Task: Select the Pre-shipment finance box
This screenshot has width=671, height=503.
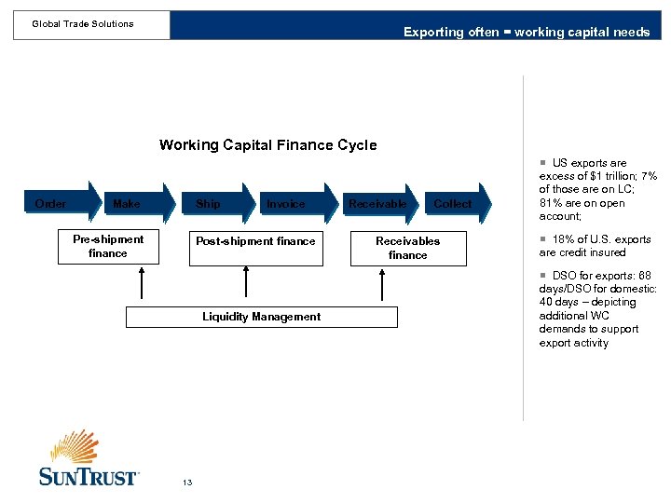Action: click(108, 247)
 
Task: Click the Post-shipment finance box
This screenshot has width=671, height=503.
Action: click(255, 247)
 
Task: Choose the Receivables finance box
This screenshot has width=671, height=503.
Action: click(407, 248)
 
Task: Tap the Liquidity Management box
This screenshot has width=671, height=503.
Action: click(261, 317)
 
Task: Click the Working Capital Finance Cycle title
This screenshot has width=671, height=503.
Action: click(267, 144)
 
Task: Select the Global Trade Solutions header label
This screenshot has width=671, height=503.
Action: click(83, 24)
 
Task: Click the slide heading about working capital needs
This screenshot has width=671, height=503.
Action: click(527, 32)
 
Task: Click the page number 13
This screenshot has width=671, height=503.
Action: click(187, 482)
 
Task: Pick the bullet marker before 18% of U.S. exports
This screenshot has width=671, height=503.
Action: click(544, 239)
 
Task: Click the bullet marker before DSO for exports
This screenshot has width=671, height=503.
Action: click(544, 276)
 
